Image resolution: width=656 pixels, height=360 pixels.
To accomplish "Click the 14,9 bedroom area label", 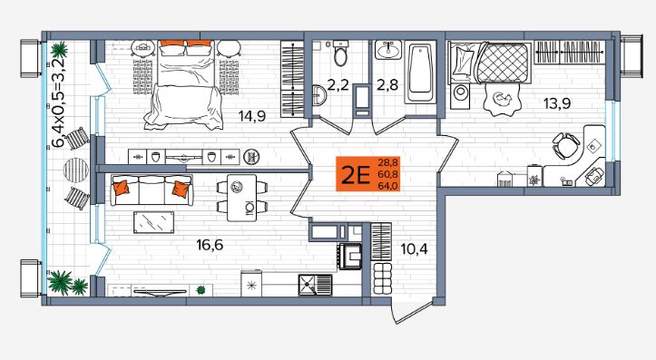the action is pyautogui.click(x=252, y=115).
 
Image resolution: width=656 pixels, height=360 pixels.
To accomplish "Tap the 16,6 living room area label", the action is pyautogui.click(x=210, y=245).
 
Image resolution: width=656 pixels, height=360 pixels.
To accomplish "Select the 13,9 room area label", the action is pyautogui.click(x=557, y=102).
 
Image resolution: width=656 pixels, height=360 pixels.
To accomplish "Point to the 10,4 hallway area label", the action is pyautogui.click(x=414, y=249).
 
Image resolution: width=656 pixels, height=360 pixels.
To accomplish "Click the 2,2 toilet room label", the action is pyautogui.click(x=338, y=85).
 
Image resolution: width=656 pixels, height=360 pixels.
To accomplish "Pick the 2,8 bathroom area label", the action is pyautogui.click(x=387, y=85).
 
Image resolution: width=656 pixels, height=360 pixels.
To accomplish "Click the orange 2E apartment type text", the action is pyautogui.click(x=356, y=175).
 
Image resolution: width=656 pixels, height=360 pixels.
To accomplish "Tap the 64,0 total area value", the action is pyautogui.click(x=387, y=186).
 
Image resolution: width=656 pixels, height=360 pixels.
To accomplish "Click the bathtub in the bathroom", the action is pyautogui.click(x=420, y=72).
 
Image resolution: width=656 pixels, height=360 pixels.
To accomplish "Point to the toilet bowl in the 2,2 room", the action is pyautogui.click(x=340, y=53).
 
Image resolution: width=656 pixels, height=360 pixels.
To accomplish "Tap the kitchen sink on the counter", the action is pyautogui.click(x=315, y=285).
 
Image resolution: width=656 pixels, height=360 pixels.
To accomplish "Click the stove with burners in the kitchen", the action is pyautogui.click(x=349, y=256).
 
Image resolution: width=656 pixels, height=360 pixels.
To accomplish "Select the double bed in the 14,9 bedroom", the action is pyautogui.click(x=184, y=84).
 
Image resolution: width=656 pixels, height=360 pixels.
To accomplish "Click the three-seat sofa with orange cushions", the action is pyautogui.click(x=152, y=190).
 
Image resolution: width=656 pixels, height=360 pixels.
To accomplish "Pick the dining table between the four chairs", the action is pyautogui.click(x=242, y=198).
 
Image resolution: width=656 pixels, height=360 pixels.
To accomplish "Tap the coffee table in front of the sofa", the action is pyautogui.click(x=153, y=222).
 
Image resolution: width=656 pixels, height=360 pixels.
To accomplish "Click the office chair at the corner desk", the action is pyautogui.click(x=565, y=145).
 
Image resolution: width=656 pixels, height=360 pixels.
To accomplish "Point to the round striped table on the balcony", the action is pyautogui.click(x=76, y=170).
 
